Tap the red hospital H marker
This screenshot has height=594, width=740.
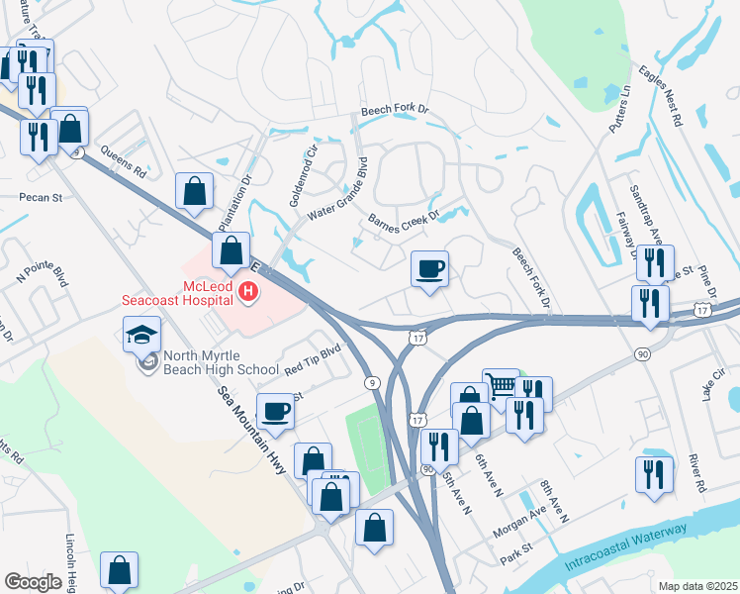(x=249, y=292)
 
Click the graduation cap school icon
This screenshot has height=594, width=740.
(x=141, y=336)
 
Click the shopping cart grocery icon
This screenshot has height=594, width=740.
(x=501, y=385)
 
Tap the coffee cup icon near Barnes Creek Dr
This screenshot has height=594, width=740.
(x=429, y=269)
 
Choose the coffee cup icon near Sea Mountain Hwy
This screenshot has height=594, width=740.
(x=275, y=411)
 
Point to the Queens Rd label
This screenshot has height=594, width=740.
(x=124, y=163)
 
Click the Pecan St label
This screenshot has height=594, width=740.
(x=41, y=197)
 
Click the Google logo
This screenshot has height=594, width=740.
(x=33, y=582)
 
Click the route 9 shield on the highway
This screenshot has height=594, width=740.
(x=370, y=382)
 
